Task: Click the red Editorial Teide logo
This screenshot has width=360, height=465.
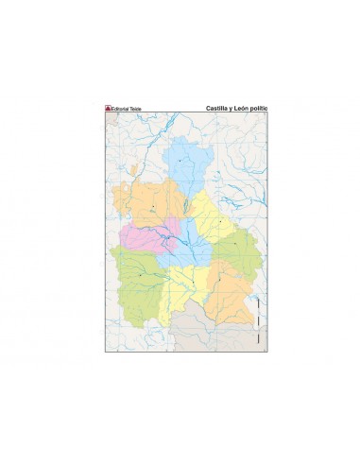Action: (107, 108)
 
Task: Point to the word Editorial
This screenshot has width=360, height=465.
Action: (120, 108)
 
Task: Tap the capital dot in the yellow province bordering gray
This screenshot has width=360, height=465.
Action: (193, 282)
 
